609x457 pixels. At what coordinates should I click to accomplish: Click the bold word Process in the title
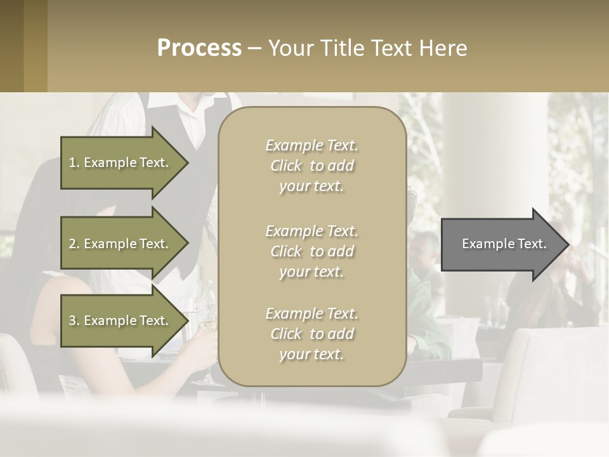click(x=199, y=48)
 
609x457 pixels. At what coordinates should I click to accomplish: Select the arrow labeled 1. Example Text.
click(x=121, y=162)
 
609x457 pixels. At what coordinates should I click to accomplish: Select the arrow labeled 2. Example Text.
click(x=121, y=244)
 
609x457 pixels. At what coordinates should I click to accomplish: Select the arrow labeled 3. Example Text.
click(x=121, y=321)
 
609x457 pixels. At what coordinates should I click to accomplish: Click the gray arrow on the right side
click(x=501, y=244)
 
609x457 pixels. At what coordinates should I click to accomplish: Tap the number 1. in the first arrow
click(x=74, y=162)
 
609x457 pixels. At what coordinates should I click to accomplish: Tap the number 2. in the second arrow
click(x=74, y=244)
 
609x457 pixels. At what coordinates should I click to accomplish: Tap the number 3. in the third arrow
click(x=74, y=321)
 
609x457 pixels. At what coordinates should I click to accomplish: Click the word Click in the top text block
click(x=286, y=166)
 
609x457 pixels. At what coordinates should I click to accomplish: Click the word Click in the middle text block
click(x=286, y=252)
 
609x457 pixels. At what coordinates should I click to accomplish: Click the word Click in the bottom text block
click(x=286, y=334)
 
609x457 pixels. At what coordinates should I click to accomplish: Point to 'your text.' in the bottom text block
click(x=311, y=355)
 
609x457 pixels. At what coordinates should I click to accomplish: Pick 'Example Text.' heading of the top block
click(x=311, y=146)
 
